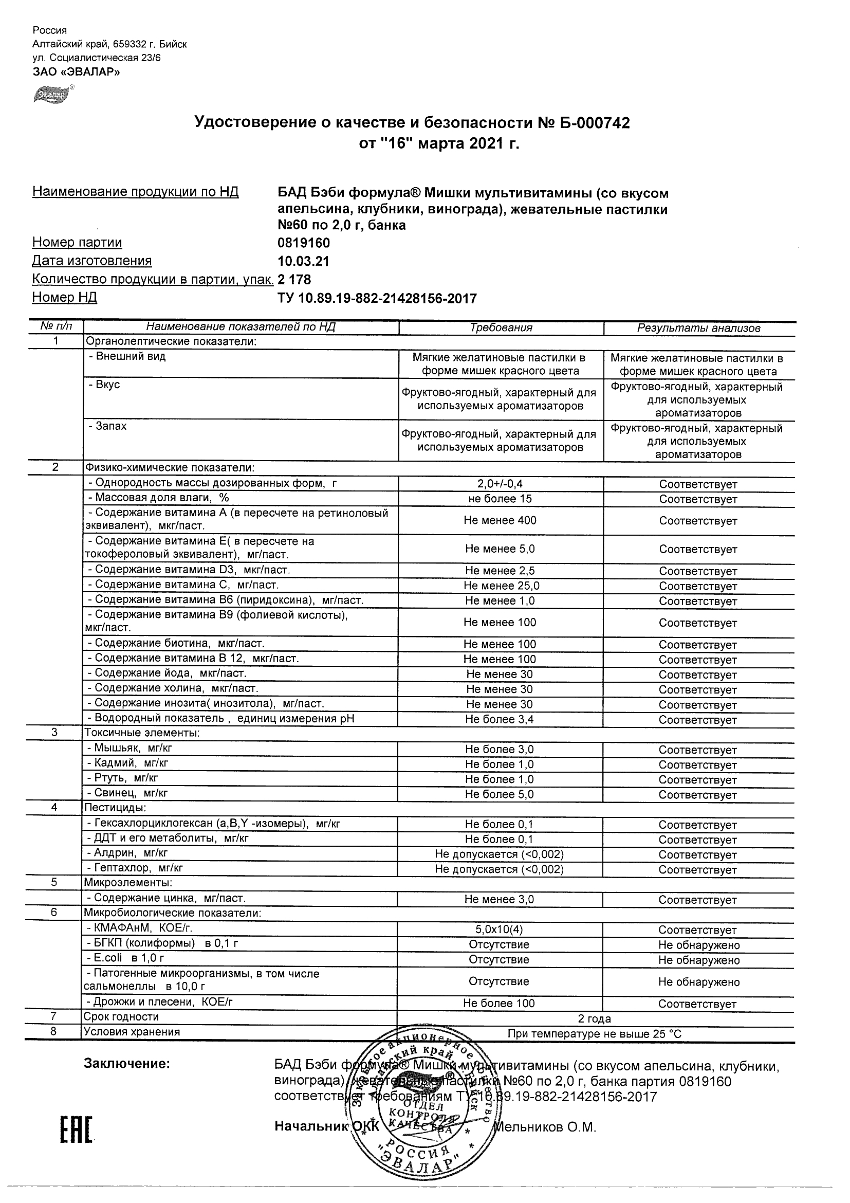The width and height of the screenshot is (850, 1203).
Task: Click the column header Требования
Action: tap(501, 328)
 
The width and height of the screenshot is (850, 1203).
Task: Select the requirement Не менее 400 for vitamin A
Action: tap(500, 520)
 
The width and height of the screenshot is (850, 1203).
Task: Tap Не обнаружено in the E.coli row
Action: tap(698, 960)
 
